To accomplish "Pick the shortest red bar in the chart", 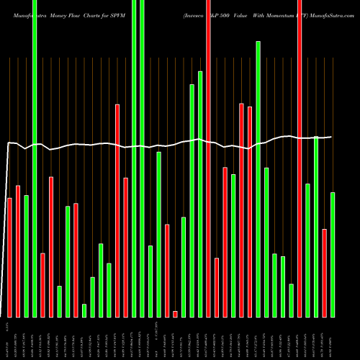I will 175,314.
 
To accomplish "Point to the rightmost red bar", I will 325,273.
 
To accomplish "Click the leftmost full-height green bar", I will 34,158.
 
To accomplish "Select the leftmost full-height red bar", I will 208,158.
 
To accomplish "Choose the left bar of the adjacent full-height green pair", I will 134,158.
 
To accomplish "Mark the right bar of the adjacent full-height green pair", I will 142,158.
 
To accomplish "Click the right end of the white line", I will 331,137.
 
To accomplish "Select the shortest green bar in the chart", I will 84,310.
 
